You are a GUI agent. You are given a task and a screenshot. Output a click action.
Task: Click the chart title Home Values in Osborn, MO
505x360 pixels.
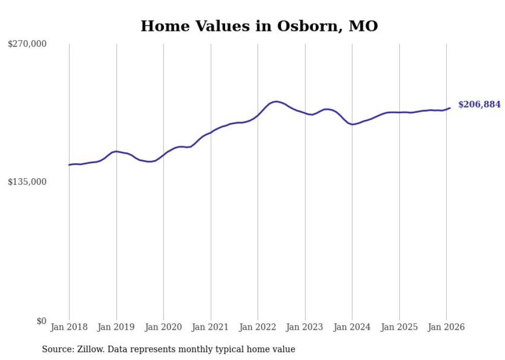(x=259, y=26)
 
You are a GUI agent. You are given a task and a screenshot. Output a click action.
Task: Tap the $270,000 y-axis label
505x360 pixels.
(x=27, y=44)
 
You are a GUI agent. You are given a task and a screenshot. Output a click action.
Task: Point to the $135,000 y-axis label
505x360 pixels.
(x=27, y=182)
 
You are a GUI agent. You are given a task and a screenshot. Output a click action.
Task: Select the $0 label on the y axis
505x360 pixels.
(x=41, y=321)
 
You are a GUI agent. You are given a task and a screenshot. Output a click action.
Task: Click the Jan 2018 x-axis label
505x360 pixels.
(x=69, y=327)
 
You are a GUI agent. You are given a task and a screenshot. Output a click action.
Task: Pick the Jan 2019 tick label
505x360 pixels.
(x=116, y=327)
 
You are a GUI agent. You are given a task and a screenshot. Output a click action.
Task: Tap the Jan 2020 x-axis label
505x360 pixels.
(x=163, y=327)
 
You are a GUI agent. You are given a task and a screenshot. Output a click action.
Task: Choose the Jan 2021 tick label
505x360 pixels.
(x=211, y=327)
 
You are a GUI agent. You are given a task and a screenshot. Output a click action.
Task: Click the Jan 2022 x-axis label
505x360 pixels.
(x=258, y=327)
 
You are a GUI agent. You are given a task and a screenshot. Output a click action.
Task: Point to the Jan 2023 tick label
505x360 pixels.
(x=305, y=327)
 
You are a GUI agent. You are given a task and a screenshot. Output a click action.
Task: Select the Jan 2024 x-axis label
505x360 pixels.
(x=352, y=327)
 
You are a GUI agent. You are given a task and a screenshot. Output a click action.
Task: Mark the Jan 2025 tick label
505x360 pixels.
(x=399, y=327)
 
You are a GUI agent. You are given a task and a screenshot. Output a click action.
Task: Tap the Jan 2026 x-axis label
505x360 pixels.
(x=446, y=327)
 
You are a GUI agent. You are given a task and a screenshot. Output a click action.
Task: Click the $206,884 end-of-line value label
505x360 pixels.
(x=479, y=105)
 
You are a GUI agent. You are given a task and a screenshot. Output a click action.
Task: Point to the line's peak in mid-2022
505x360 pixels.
(x=276, y=101)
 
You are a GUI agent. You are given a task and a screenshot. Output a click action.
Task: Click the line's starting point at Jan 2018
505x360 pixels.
(x=69, y=165)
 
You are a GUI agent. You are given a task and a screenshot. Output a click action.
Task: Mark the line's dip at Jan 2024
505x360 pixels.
(x=352, y=124)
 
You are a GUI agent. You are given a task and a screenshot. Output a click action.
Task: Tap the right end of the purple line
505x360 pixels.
(x=450, y=108)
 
